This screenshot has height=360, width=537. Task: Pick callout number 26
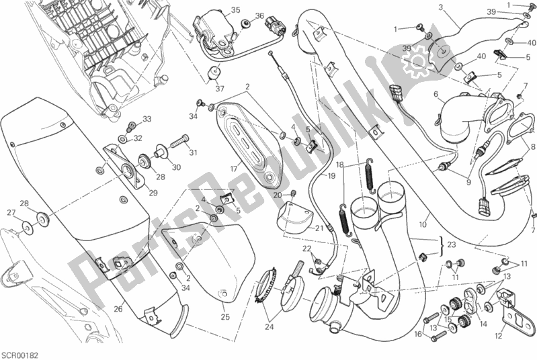click(x=118, y=310)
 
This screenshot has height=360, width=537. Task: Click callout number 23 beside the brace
click(x=451, y=245)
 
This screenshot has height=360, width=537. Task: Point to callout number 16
click(x=417, y=333)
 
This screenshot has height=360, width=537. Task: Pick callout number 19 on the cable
click(x=331, y=175)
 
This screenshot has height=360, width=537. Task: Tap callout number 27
click(x=11, y=214)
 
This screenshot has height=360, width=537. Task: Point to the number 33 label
click(x=147, y=120)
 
